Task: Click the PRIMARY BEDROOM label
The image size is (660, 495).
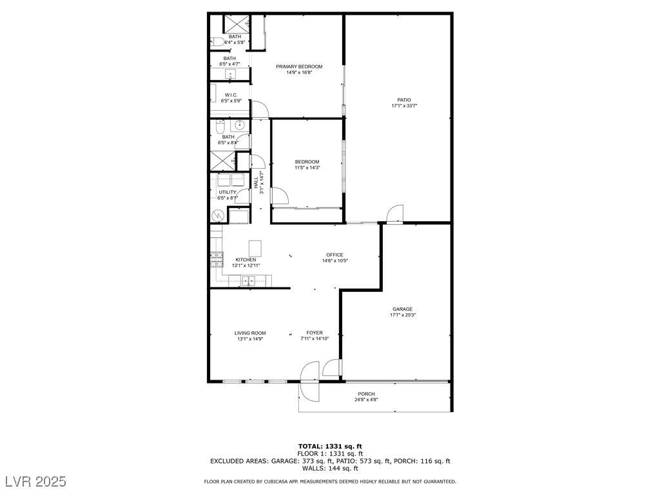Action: [x=299, y=66]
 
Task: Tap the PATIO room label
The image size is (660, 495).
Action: [x=404, y=100]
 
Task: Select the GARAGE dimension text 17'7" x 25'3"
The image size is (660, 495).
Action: [x=403, y=315]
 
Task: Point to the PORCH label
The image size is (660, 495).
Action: [x=366, y=394]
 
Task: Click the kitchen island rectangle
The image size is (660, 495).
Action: [x=255, y=248]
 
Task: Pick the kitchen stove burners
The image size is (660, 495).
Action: [x=217, y=259]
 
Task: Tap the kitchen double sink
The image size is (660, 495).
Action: [x=248, y=281]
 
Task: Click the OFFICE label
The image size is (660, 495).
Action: [x=335, y=255]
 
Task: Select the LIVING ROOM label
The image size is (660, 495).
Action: [x=250, y=333]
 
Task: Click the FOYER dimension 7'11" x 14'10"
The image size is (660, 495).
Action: [x=315, y=338]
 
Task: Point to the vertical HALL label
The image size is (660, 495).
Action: [x=256, y=182]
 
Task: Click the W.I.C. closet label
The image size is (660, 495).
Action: [x=231, y=95]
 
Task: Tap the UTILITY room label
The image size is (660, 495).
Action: [x=228, y=192]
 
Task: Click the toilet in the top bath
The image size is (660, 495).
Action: [x=217, y=42]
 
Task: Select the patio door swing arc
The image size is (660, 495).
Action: [x=396, y=213]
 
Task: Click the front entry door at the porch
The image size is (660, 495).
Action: [x=310, y=382]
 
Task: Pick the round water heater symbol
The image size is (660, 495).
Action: [x=218, y=216]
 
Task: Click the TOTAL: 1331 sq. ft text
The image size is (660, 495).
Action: [x=330, y=447]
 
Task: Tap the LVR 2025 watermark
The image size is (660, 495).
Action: [x=36, y=481]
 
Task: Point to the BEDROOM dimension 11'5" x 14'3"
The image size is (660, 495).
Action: [x=307, y=168]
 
